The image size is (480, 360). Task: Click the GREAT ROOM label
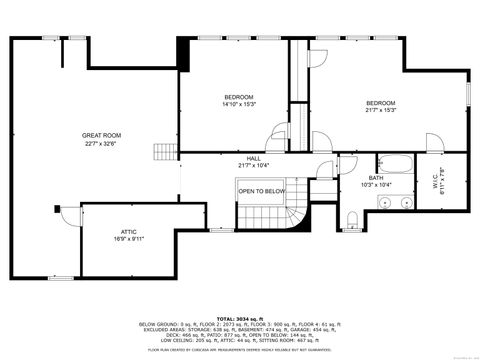(101, 135)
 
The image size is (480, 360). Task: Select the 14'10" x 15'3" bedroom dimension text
(239, 103)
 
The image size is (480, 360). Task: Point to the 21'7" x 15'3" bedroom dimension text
(380, 110)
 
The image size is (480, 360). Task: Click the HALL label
(254, 158)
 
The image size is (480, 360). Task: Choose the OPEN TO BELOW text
(261, 191)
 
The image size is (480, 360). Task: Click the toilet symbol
(353, 219)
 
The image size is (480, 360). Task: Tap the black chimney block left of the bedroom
(183, 51)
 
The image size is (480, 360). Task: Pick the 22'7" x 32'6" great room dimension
(101, 142)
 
